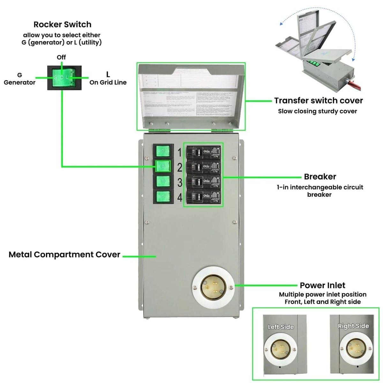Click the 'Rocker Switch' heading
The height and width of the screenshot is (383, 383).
(62, 25)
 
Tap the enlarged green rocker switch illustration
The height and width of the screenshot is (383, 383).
(64, 78)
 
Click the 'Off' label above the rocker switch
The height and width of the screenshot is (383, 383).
(61, 57)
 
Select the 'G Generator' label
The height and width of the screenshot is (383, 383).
(19, 79)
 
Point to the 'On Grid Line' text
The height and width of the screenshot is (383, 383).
(108, 82)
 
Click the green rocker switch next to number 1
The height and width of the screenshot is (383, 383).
(163, 151)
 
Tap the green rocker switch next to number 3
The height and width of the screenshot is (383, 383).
(163, 182)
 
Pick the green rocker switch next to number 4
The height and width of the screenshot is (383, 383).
(163, 197)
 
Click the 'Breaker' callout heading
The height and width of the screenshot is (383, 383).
(320, 176)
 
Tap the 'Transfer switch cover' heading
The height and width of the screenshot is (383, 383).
(318, 101)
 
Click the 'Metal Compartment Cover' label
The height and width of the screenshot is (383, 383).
(64, 255)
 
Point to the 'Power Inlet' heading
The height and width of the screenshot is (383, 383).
(322, 285)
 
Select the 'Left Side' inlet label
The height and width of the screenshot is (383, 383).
(281, 327)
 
